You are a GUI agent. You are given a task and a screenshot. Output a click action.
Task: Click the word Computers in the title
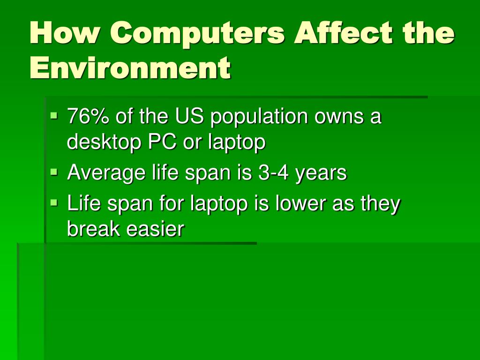pos(198,34)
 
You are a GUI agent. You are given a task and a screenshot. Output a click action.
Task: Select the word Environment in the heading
pos(130,68)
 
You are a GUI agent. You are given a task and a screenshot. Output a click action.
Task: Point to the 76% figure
pos(88,116)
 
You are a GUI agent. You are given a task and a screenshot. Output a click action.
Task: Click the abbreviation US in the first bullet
pos(190,116)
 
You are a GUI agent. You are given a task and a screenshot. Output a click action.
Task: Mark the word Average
pos(106,173)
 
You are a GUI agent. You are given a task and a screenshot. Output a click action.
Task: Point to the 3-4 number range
pos(273,173)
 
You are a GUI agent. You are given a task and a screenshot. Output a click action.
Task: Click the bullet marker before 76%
pos(55,114)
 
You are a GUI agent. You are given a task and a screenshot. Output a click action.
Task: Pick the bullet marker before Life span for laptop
pos(55,203)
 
